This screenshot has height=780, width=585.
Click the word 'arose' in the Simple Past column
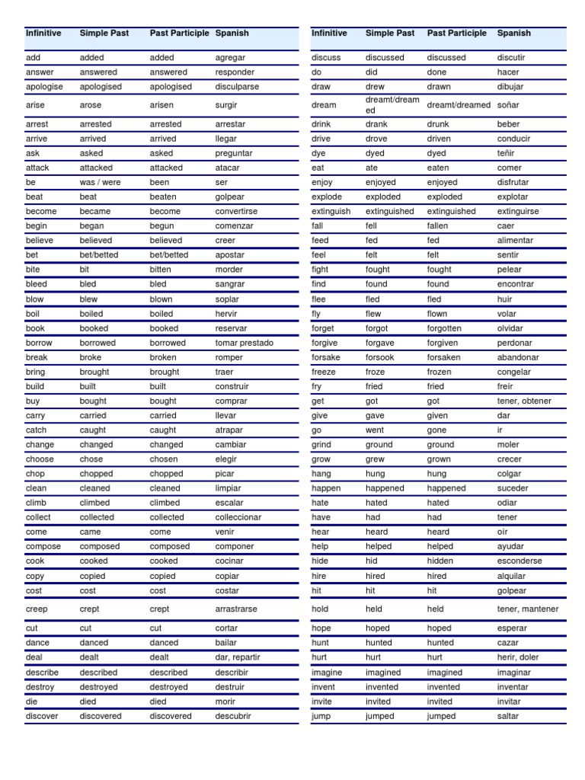(91, 106)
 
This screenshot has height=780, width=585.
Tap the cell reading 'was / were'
(100, 183)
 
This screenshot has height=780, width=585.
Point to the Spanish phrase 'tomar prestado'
(244, 343)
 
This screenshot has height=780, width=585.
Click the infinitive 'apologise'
(44, 87)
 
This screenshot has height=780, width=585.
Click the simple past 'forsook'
(380, 357)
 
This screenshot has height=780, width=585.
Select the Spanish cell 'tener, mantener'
(528, 609)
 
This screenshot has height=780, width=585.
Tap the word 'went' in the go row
(375, 430)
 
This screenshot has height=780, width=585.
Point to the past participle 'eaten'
(438, 168)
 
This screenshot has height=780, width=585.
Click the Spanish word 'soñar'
(508, 105)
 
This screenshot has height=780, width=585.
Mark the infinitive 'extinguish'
(331, 212)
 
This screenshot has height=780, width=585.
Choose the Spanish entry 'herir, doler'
(518, 657)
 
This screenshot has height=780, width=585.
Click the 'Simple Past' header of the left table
(104, 34)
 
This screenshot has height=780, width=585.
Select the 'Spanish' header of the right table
(514, 34)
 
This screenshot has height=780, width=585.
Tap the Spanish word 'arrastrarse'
(237, 609)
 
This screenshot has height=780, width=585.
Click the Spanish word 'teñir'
(506, 153)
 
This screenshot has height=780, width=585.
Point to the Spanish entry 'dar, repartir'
(238, 657)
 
